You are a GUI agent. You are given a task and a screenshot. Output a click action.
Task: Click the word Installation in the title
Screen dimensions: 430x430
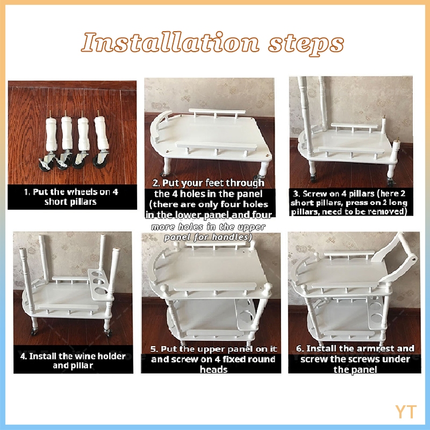point(170,42)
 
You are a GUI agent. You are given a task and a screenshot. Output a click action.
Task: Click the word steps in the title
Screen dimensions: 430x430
point(306,44)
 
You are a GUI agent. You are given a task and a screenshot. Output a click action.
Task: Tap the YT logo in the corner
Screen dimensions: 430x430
point(406,412)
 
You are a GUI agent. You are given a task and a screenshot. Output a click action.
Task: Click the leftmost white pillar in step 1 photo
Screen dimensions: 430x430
point(52,133)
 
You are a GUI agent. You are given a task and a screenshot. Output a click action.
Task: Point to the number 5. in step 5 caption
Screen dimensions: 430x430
point(154,349)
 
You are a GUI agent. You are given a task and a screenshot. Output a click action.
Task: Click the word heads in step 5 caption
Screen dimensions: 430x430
point(213,370)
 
